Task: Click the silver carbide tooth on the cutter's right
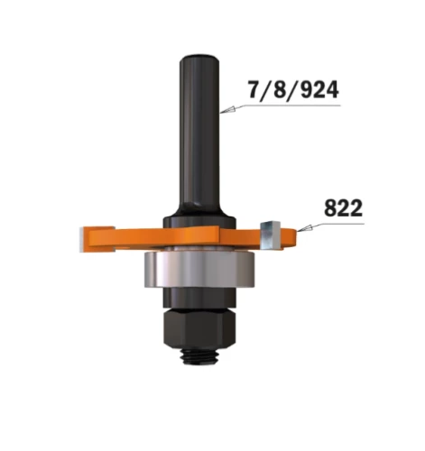(x=269, y=232)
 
